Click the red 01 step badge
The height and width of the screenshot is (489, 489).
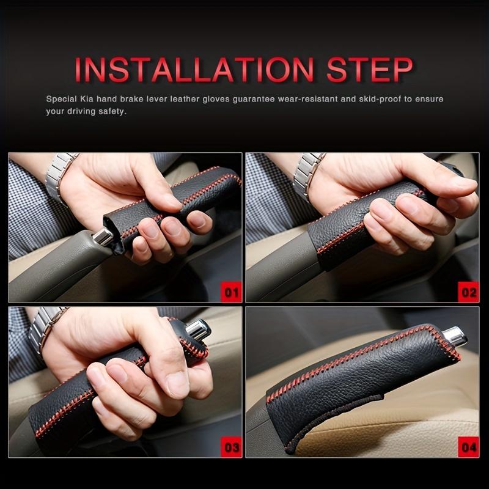(x=232, y=292)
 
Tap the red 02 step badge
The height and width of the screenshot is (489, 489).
(x=468, y=292)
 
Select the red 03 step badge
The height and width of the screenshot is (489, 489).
(x=232, y=447)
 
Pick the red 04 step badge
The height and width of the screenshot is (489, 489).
(x=468, y=447)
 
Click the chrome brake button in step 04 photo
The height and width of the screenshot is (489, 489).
(x=455, y=336)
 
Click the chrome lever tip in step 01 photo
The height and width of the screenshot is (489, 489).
(x=104, y=236)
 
